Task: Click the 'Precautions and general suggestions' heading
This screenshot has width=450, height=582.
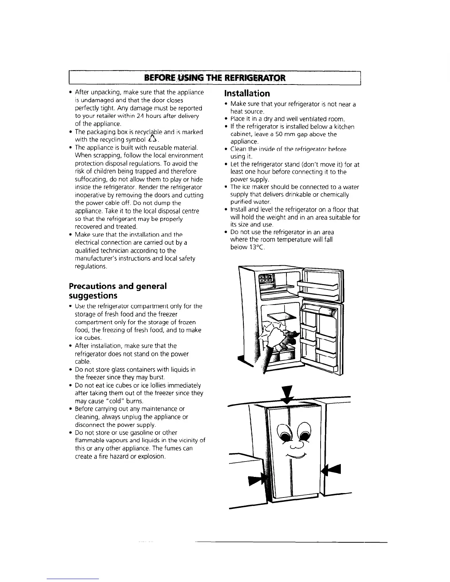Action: coord(118,291)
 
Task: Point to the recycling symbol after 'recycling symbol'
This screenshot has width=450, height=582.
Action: coord(153,139)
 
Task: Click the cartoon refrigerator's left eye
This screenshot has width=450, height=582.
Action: coord(285,434)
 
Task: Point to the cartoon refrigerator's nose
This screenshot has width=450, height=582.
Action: coord(295,445)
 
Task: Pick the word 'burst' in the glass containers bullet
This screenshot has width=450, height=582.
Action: coord(157,377)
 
